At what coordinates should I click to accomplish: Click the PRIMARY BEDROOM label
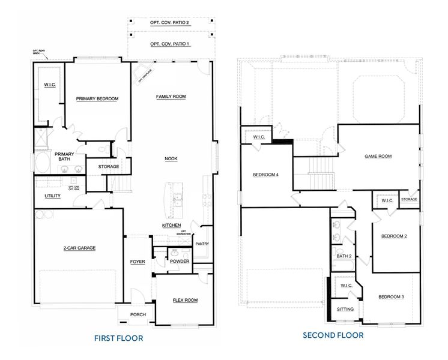pos(97,98)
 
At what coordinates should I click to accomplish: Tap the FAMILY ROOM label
pos(171,97)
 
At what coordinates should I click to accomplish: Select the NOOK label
pos(171,158)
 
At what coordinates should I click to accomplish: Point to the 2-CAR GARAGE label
pos(79,248)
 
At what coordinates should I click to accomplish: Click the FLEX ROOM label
pos(185,300)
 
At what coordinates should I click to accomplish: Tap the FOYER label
pos(138,262)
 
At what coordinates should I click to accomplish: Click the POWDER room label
pos(180,262)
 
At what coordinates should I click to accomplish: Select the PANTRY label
pos(202,243)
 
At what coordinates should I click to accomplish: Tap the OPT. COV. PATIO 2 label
pos(170,23)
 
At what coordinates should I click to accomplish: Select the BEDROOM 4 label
pos(265,175)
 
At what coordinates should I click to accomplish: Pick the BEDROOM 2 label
pos(394,236)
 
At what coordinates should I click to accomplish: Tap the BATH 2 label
pos(344,256)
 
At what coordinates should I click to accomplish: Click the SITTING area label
pos(345,310)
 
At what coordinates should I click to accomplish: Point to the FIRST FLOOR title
pos(118,338)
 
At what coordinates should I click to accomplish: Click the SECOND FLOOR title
pos(333,335)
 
